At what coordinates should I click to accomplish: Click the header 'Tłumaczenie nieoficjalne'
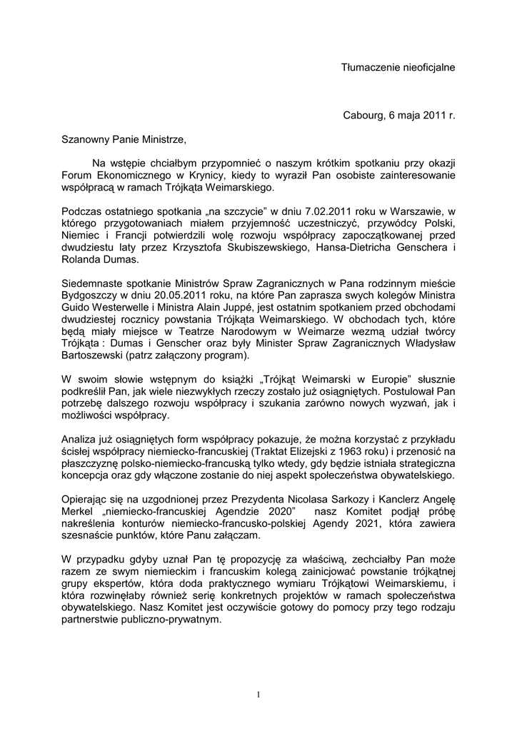pyautogui.click(x=397, y=67)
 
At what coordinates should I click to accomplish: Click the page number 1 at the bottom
pyautogui.click(x=258, y=695)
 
